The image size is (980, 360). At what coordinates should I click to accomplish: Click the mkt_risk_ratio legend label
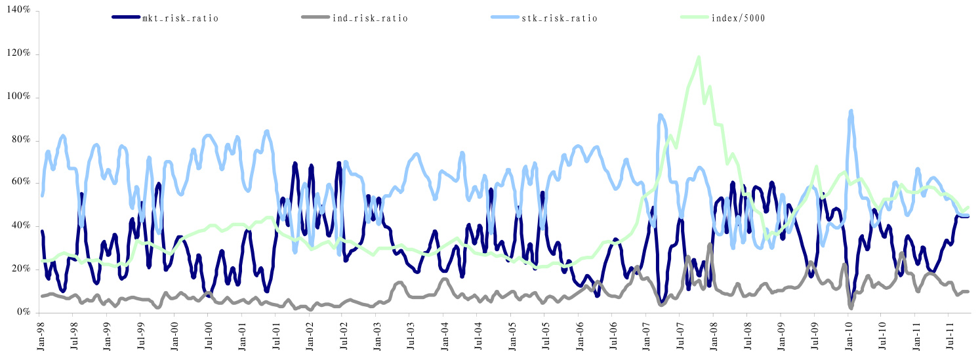(x=180, y=18)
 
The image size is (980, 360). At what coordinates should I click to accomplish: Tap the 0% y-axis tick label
(x=23, y=313)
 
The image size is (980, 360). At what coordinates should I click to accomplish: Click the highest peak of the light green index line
(x=699, y=57)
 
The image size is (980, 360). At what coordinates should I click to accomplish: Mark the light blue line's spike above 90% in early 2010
(x=851, y=111)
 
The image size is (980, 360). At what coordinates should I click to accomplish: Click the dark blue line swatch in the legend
(x=126, y=18)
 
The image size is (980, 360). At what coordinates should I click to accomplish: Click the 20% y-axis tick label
(x=20, y=270)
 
